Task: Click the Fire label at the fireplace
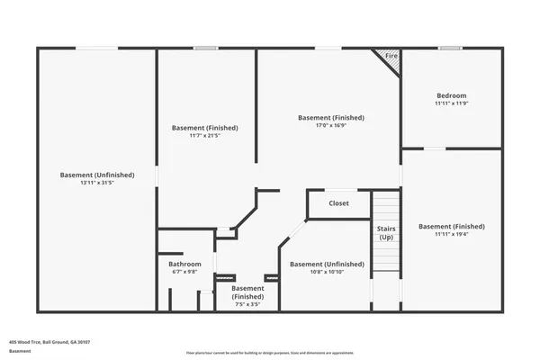391,57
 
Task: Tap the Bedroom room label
451,95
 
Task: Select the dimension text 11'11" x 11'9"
451,103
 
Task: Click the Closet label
338,203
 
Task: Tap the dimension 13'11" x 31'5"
97,183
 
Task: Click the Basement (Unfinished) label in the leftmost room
97,175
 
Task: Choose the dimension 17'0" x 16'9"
331,126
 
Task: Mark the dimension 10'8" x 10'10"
327,273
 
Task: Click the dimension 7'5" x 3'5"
247,304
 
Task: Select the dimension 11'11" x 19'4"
451,234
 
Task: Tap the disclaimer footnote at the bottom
270,354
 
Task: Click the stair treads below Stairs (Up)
385,256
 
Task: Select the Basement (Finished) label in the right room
451,226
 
